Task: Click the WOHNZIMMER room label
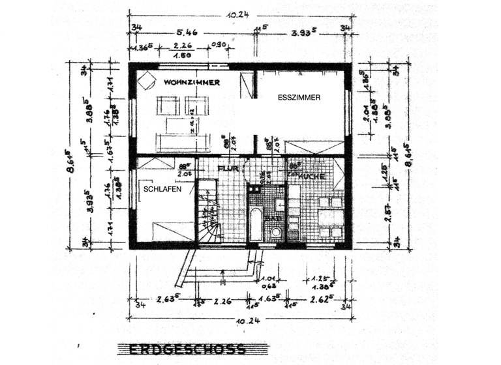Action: click(191, 83)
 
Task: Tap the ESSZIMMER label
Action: click(298, 98)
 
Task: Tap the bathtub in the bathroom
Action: click(255, 224)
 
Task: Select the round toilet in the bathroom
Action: click(276, 231)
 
